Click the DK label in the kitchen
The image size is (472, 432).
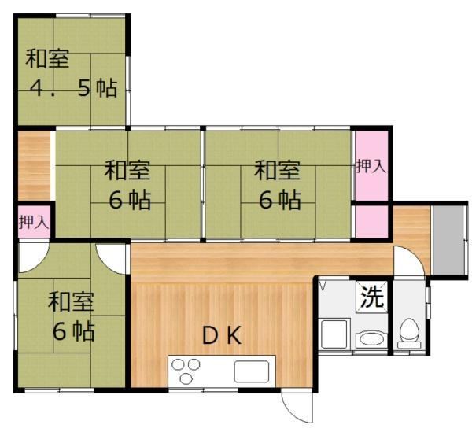click(222, 335)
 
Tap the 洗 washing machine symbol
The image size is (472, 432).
click(372, 297)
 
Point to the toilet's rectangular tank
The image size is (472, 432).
click(409, 345)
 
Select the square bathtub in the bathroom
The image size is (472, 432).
click(334, 334)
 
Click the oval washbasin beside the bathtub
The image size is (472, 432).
click(372, 339)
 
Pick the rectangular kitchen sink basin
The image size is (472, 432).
click(252, 371)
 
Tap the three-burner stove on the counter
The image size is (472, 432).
click(186, 371)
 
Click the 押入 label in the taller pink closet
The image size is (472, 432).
click(371, 166)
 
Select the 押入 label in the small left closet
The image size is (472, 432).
click(33, 222)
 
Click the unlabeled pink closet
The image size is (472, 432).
click(372, 222)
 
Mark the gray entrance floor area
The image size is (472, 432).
click(448, 240)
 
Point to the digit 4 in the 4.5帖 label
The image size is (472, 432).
click(36, 88)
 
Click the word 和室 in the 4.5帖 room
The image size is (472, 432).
click(47, 58)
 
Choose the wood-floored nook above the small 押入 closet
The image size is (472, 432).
click(35, 165)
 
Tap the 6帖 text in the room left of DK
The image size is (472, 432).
click(74, 331)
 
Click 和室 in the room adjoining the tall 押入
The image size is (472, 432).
click(277, 171)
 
